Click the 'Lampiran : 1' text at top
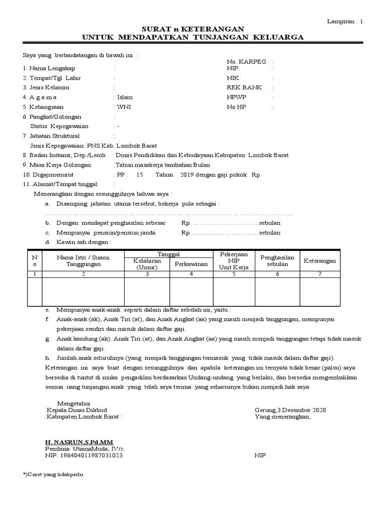pos(345,21)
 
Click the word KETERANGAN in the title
pos(217,30)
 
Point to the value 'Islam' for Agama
pos(125,97)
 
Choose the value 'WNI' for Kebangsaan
pos(123,107)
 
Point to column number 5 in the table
pos(234,274)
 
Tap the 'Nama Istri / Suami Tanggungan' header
pos(83,261)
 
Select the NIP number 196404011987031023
pos(84,455)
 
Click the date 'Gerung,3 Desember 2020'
pos(291,410)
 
